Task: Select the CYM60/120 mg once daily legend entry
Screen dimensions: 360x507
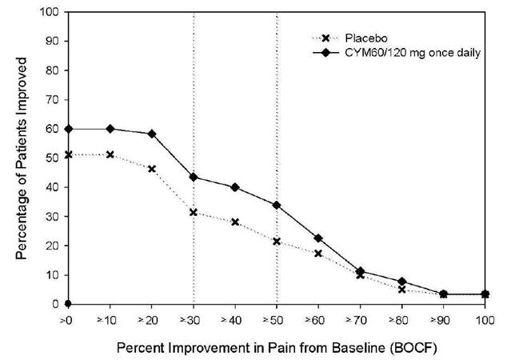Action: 412,53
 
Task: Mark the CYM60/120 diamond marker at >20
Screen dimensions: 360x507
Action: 151,134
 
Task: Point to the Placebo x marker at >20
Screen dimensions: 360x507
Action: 151,169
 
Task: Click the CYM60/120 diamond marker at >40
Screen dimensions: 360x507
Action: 234,187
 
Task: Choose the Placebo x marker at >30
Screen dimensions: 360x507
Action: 193,212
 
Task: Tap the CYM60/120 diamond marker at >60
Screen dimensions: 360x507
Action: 317,238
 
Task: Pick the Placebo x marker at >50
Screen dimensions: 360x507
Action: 276,241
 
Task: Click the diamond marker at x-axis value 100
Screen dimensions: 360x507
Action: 483,294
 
